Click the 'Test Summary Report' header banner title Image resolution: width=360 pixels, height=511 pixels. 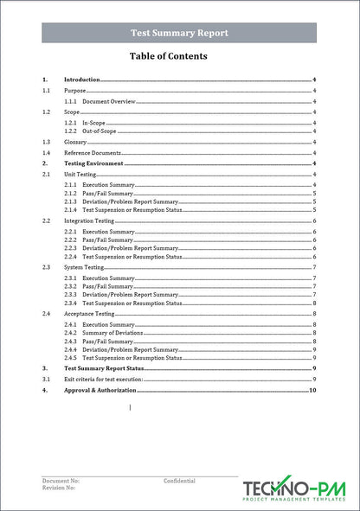[x=179, y=33]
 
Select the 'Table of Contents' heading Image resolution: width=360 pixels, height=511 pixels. [x=168, y=56]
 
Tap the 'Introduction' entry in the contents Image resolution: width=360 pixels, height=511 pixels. [x=82, y=80]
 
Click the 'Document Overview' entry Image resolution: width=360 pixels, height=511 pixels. [x=109, y=101]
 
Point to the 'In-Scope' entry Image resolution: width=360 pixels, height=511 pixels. [x=93, y=123]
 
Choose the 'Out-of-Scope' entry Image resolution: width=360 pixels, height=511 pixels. [x=99, y=131]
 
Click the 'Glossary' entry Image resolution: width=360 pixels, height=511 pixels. [x=75, y=142]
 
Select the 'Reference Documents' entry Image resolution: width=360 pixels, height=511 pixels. [x=93, y=153]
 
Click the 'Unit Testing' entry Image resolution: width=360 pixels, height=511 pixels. [x=80, y=174]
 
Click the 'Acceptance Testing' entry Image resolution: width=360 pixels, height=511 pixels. [x=89, y=314]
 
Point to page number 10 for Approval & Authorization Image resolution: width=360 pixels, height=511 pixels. [x=312, y=391]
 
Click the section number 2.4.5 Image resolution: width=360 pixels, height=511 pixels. [x=70, y=357]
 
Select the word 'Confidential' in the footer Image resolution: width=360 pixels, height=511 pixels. [x=179, y=481]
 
